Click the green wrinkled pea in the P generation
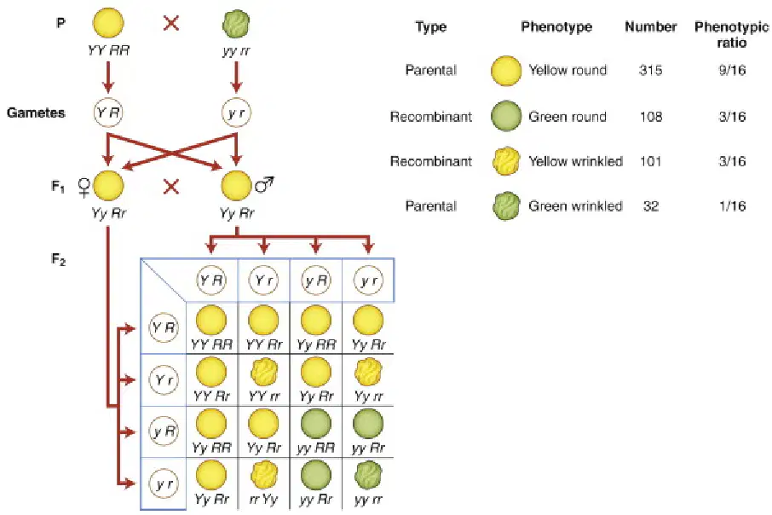[236, 24]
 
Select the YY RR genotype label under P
[108, 50]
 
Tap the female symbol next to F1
[84, 188]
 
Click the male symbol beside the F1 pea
[264, 184]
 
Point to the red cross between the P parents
[170, 23]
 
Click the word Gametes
[36, 113]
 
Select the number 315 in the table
[650, 70]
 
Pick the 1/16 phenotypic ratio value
[732, 206]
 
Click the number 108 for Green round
[650, 117]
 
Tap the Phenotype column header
[556, 26]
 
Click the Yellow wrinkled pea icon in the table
[506, 162]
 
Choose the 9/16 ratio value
[732, 70]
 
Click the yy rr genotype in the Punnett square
[368, 501]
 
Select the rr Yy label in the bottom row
[263, 500]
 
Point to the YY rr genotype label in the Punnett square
[264, 396]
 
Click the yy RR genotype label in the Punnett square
[316, 448]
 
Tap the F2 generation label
[58, 259]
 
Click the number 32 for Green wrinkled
[650, 206]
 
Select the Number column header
[651, 26]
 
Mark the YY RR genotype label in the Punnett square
[211, 344]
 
